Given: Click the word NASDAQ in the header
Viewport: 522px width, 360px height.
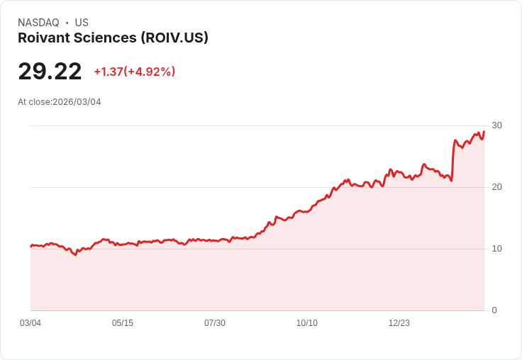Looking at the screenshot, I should click(x=38, y=23).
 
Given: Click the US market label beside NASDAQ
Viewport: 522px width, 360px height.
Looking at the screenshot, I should click(x=82, y=23).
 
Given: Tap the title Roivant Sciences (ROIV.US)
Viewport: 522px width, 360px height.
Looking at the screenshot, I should click(x=113, y=38).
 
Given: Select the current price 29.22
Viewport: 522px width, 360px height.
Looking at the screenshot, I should click(x=50, y=71).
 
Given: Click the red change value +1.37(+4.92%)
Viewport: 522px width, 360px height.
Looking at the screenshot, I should click(x=134, y=72).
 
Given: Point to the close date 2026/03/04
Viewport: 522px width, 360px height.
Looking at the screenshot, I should click(x=77, y=102).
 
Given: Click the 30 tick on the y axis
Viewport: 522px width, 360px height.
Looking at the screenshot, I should click(x=497, y=125).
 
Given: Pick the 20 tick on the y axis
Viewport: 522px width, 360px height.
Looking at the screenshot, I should click(x=497, y=187).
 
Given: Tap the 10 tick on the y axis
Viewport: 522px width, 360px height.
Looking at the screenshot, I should click(x=497, y=249).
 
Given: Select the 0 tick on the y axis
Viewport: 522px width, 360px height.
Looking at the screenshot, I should click(x=494, y=310).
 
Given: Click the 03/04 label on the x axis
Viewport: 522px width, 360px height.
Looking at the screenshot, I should click(x=30, y=323).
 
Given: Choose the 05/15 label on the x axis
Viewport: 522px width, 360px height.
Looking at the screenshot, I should click(x=123, y=323).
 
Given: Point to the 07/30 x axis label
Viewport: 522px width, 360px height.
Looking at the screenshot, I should click(x=215, y=323).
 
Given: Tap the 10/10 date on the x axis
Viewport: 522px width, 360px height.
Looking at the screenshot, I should click(x=307, y=323).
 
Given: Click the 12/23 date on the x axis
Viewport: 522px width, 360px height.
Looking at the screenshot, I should click(x=399, y=323).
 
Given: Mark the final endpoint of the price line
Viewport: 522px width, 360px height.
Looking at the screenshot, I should click(x=484, y=131).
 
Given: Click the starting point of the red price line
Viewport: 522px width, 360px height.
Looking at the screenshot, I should click(x=31, y=246).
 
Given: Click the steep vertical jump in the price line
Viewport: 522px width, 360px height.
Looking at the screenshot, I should click(x=452, y=159).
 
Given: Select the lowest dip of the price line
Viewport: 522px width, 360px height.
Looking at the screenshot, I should click(x=75, y=254).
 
